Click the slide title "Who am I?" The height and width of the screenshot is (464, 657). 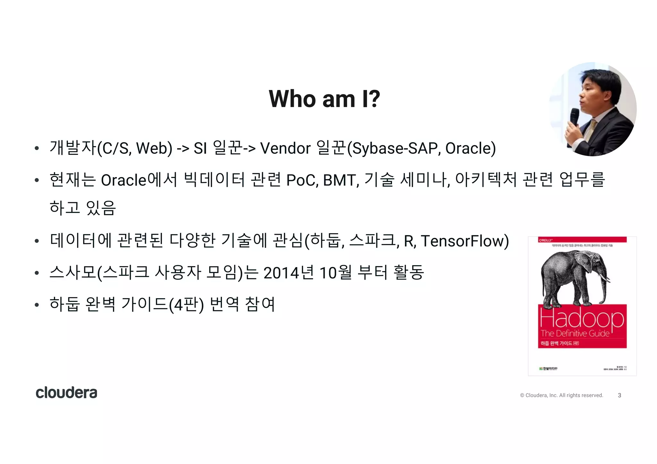pyautogui.click(x=324, y=99)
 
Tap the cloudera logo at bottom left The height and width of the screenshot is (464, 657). pyautogui.click(x=66, y=392)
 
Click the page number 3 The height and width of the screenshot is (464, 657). pyautogui.click(x=619, y=395)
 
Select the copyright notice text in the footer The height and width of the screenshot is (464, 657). pyautogui.click(x=561, y=395)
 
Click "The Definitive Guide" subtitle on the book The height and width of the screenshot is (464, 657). pyautogui.click(x=575, y=333)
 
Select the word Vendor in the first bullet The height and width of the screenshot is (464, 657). pyautogui.click(x=285, y=148)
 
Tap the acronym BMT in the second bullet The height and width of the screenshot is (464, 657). pyautogui.click(x=341, y=180)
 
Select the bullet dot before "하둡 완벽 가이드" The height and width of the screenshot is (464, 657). pyautogui.click(x=37, y=305)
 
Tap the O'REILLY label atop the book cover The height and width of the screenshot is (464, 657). pyautogui.click(x=545, y=240)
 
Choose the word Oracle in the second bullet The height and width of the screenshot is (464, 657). pyautogui.click(x=124, y=180)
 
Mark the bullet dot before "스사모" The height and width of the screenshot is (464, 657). pyautogui.click(x=37, y=273)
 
